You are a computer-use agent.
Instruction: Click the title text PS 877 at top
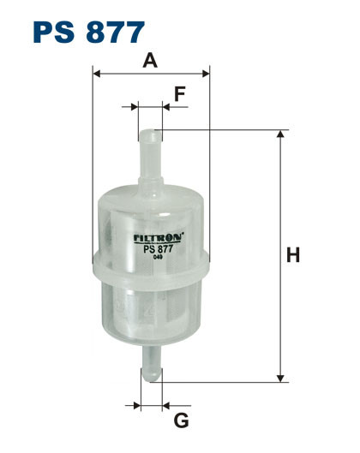click(89, 32)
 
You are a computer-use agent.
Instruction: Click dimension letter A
click(151, 61)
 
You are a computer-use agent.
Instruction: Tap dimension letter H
click(292, 254)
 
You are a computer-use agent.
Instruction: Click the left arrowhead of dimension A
click(96, 75)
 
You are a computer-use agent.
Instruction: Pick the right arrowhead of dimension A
click(205, 75)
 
